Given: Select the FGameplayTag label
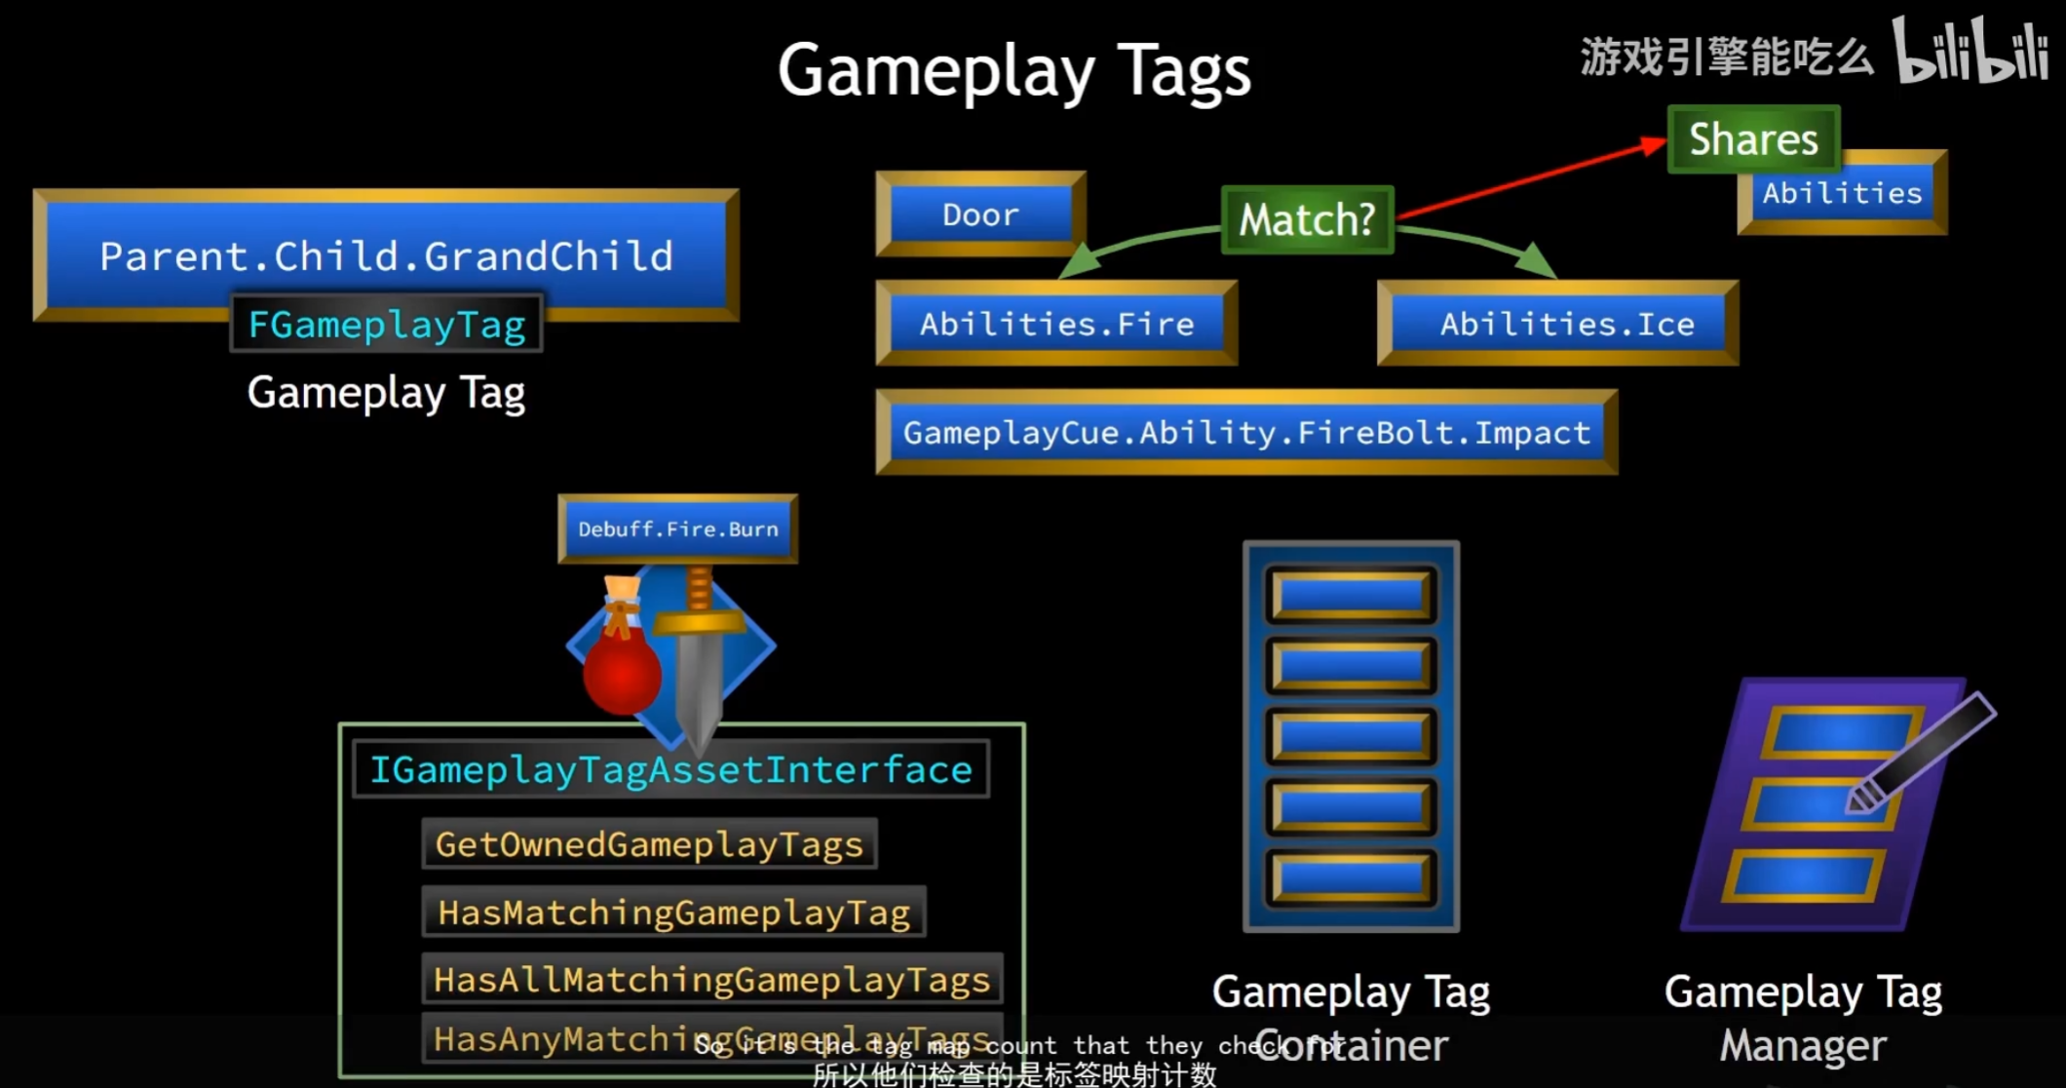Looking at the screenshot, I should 387,325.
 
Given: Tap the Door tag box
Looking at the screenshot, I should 980,214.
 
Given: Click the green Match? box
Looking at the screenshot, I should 1307,220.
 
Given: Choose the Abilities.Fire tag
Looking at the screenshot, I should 1056,324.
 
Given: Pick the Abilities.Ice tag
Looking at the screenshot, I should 1566,324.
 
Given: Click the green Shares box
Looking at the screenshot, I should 1753,139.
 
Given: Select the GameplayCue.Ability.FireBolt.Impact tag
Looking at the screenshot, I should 1246,433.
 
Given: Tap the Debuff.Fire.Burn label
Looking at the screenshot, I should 678,529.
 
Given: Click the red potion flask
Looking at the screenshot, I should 622,671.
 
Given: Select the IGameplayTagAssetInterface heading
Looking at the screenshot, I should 670,770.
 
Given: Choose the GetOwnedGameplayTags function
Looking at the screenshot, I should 649,844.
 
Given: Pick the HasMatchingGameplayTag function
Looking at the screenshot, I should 673,913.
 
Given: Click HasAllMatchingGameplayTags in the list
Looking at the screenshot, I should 711,979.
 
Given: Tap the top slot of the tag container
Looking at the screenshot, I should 1351,594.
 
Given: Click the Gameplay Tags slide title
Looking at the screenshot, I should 1014,70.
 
